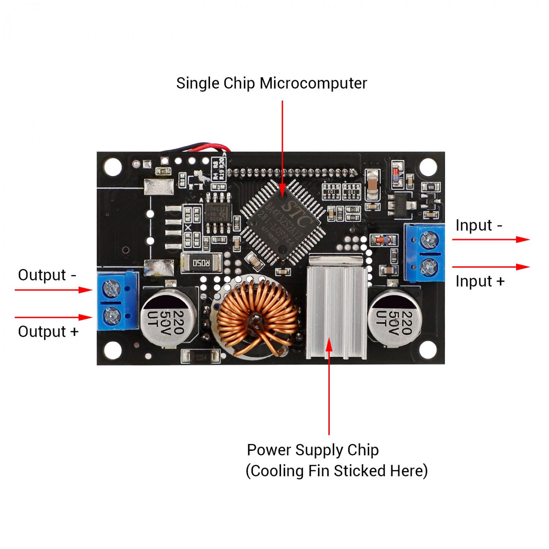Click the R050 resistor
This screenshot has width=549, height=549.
(x=201, y=262)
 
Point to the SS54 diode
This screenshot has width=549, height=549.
(x=201, y=357)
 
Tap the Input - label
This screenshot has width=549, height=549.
(x=479, y=225)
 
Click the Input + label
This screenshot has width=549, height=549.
(x=480, y=281)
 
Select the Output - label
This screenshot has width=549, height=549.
(x=47, y=275)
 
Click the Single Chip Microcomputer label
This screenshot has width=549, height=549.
(x=272, y=83)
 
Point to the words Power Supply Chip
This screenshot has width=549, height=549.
(x=313, y=450)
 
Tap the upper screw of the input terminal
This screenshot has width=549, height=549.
(x=429, y=240)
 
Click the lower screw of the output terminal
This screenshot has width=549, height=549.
(x=112, y=315)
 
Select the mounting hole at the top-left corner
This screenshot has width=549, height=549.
(x=113, y=167)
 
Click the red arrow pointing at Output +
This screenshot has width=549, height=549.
(x=53, y=317)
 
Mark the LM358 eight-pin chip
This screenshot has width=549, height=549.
(x=219, y=213)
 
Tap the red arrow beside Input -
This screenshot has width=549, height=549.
(x=491, y=239)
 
